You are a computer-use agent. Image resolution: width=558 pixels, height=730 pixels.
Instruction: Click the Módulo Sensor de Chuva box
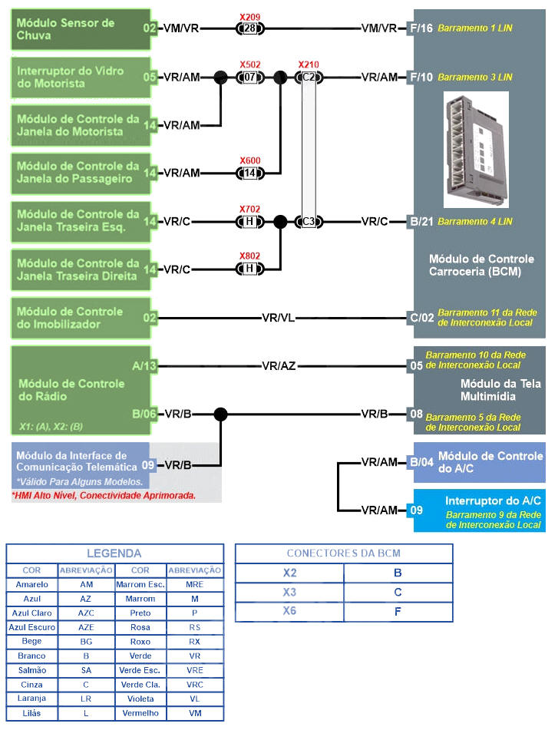77,29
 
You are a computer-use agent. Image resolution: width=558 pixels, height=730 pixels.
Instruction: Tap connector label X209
249,15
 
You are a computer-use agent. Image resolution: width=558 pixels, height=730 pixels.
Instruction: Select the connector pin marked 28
249,29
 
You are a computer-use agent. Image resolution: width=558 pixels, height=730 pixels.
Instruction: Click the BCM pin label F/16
421,29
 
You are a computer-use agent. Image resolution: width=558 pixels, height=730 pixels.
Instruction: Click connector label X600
249,160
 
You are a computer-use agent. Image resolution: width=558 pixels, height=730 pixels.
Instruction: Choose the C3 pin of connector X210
309,222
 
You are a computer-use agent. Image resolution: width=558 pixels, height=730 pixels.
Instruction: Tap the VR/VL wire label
278,318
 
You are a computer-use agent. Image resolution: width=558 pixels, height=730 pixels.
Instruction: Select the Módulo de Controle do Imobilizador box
77,318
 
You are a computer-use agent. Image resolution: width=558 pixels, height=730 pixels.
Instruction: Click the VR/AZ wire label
278,366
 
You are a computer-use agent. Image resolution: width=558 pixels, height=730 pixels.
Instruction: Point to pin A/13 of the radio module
144,366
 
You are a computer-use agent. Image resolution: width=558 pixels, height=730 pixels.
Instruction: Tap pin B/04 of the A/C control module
421,462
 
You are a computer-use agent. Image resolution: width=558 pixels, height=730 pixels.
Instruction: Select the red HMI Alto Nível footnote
104,496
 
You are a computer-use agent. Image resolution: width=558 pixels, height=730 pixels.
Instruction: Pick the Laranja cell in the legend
31,699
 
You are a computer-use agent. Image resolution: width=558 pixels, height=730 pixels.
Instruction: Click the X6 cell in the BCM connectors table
289,612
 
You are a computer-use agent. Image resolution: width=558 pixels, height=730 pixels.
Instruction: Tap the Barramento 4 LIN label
474,222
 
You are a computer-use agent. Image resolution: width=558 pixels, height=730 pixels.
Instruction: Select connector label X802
249,256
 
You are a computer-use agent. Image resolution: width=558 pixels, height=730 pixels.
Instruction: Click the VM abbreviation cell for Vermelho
194,713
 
